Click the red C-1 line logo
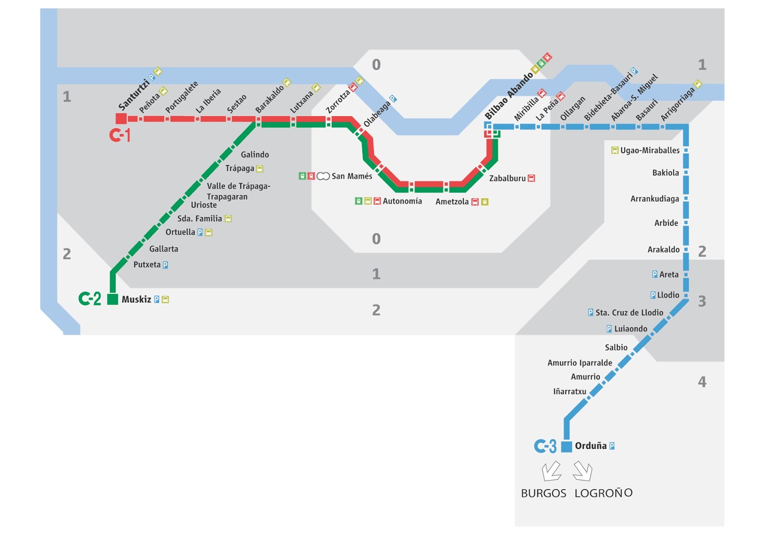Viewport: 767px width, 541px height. [120, 135]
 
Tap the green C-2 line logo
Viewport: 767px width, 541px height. [90, 299]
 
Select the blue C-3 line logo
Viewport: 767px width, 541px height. [546, 446]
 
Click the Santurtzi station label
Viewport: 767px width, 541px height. [134, 94]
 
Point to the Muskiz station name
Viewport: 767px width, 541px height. [136, 300]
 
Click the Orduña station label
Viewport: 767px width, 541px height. [591, 446]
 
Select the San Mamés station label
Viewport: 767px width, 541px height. [352, 176]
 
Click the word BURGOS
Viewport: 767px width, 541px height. [544, 493]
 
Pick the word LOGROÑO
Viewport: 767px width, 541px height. [604, 493]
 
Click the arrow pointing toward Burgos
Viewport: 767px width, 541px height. [551, 471]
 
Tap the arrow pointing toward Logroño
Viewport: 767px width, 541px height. [583, 471]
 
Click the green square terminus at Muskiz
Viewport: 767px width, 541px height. [113, 300]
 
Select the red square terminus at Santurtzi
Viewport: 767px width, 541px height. [121, 119]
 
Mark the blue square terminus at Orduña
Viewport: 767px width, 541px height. [567, 446]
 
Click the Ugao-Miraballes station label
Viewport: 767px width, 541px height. [650, 151]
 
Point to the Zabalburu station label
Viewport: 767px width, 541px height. [507, 179]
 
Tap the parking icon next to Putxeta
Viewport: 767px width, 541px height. [165, 265]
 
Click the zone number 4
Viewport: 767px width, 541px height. [702, 382]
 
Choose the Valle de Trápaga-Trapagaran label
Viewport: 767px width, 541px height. [238, 191]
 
